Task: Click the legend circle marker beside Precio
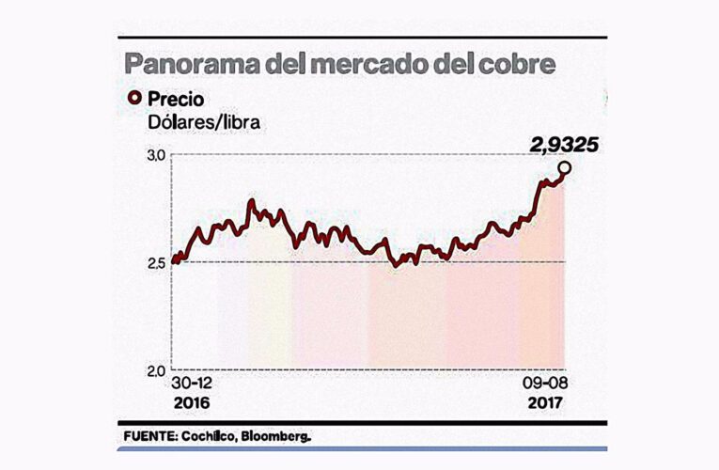pos(133,98)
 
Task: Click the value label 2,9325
pos(563,145)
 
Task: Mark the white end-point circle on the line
pos(564,168)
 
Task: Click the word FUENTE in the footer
pos(149,437)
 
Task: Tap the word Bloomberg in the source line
pos(277,437)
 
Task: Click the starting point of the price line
pos(175,261)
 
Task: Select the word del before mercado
pos(289,65)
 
